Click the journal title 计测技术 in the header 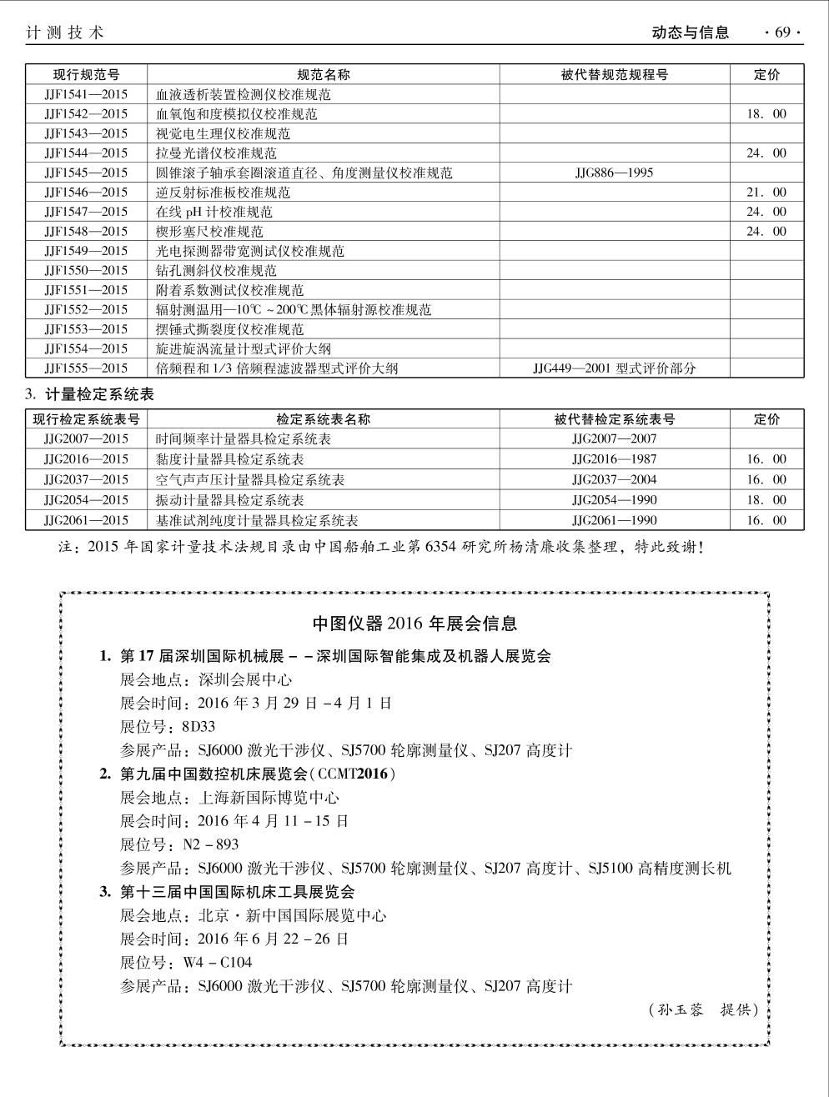click(x=65, y=33)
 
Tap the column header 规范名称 click(x=324, y=74)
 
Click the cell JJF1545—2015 click(x=86, y=173)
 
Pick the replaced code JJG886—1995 click(x=615, y=173)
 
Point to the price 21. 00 click(x=766, y=193)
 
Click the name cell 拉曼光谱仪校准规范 click(x=216, y=153)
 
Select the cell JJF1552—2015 click(x=86, y=309)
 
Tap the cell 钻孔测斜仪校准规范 click(x=216, y=271)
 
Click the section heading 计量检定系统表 click(x=99, y=394)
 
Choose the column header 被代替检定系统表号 click(x=615, y=419)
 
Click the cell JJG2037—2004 click(x=615, y=479)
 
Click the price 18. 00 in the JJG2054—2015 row click(x=766, y=500)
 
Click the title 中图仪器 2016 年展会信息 click(x=414, y=623)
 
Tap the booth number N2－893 click(x=211, y=844)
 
